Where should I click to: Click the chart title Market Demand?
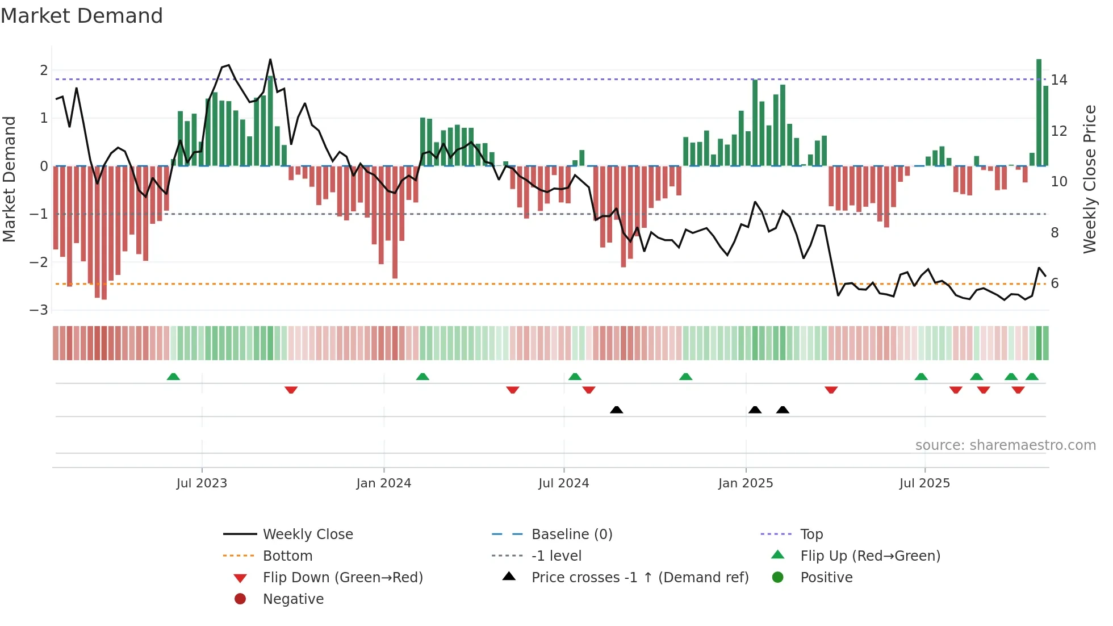pyautogui.click(x=82, y=16)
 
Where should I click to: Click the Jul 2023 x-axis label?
pyautogui.click(x=202, y=483)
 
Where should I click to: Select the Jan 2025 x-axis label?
pyautogui.click(x=745, y=483)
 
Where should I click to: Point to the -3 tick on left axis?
pyautogui.click(x=39, y=310)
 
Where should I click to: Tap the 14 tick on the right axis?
pyautogui.click(x=1058, y=80)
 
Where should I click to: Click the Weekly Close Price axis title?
pyautogui.click(x=1089, y=179)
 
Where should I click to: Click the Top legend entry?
pyautogui.click(x=811, y=535)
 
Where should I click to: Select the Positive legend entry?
pyautogui.click(x=826, y=578)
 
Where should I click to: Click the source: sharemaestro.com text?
pyautogui.click(x=1005, y=445)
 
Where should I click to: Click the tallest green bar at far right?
pyautogui.click(x=1039, y=114)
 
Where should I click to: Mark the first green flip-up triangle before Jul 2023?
pyautogui.click(x=173, y=377)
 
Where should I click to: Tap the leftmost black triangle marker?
pyautogui.click(x=616, y=410)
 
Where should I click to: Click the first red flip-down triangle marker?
pyautogui.click(x=291, y=390)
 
